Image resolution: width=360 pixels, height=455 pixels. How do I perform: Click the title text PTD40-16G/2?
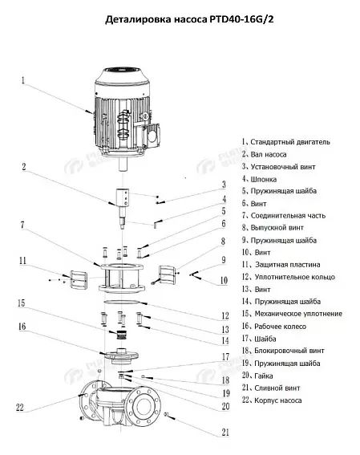[x=241, y=19]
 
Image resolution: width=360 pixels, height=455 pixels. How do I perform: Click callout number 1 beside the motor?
[x=23, y=80]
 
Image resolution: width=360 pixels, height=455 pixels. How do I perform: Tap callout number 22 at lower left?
[x=20, y=408]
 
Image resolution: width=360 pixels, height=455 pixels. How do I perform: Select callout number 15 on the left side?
[x=22, y=303]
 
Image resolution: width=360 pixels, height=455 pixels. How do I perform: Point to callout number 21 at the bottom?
[x=225, y=433]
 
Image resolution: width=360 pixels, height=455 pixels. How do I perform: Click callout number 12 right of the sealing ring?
[x=225, y=315]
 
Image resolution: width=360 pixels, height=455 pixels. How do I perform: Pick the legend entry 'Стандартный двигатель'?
[x=290, y=142]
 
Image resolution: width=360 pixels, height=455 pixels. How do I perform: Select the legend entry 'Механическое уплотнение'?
[x=298, y=314]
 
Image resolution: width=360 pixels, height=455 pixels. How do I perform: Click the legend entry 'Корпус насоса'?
[x=278, y=400]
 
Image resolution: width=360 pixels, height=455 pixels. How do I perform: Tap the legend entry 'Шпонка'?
[x=264, y=179]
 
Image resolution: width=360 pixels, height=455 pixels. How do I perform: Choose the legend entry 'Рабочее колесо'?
[x=281, y=327]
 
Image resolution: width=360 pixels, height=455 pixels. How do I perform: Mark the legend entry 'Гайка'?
[x=264, y=376]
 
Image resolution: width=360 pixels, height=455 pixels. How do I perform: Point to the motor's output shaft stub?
[x=123, y=165]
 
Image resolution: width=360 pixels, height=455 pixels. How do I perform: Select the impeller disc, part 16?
[x=122, y=356]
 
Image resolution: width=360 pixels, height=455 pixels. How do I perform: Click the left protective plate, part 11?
[x=79, y=279]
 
